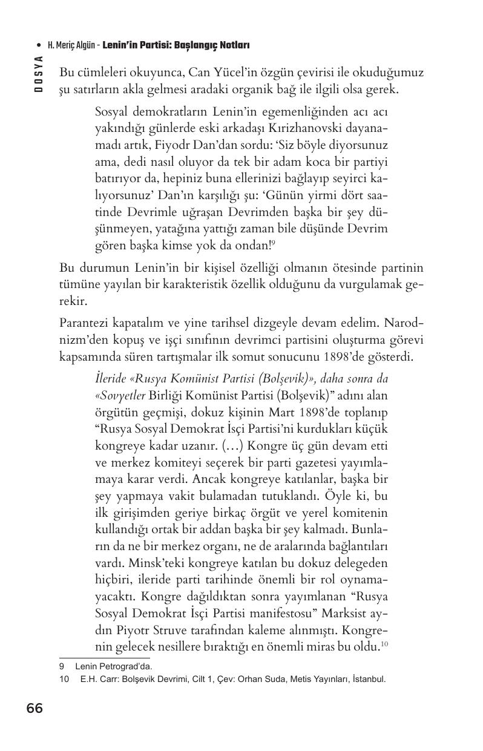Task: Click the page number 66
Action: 34,709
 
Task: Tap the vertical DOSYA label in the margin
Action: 38,73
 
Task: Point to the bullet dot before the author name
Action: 39,45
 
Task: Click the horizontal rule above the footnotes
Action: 104,658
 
